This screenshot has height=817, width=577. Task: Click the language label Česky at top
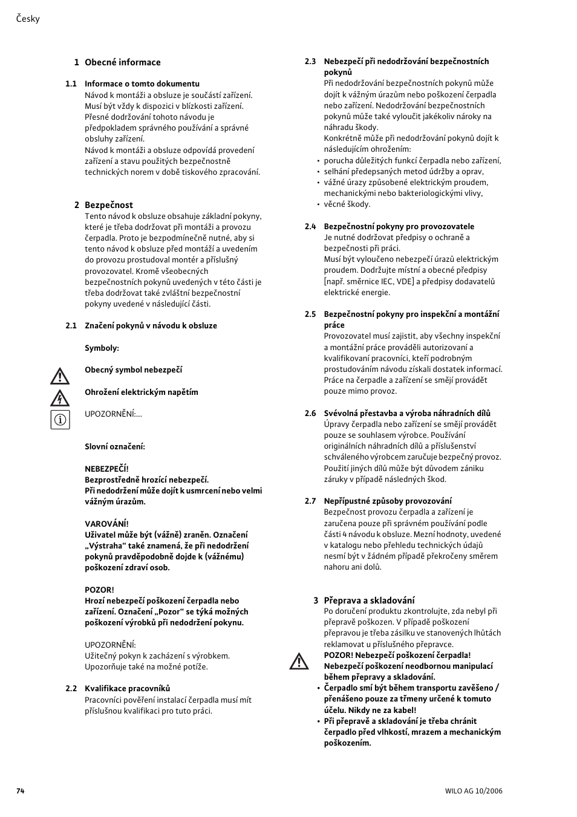[28, 19]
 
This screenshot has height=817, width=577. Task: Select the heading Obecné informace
[122, 62]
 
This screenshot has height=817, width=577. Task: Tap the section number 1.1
[71, 84]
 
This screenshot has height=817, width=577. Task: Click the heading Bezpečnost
[108, 205]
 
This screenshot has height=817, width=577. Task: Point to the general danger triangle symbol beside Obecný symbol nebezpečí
[60, 377]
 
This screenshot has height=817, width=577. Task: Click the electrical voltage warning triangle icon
[60, 399]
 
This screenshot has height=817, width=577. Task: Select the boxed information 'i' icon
[60, 420]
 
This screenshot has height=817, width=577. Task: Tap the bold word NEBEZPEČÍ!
[106, 469]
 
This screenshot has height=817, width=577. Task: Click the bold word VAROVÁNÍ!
[106, 524]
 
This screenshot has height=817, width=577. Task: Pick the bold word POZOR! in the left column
[99, 590]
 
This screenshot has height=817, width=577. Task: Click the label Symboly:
[102, 348]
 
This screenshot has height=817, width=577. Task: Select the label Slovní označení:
[114, 447]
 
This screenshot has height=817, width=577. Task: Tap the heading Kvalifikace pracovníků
[127, 688]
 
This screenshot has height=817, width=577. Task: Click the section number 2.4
[310, 227]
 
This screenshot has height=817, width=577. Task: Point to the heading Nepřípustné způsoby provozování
[387, 501]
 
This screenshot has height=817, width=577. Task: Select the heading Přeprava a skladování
[369, 601]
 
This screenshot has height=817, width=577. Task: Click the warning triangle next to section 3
[299, 662]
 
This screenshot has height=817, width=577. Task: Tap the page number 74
[21, 791]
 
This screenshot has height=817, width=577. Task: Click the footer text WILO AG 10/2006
[474, 791]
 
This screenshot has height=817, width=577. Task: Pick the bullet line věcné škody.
[347, 204]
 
